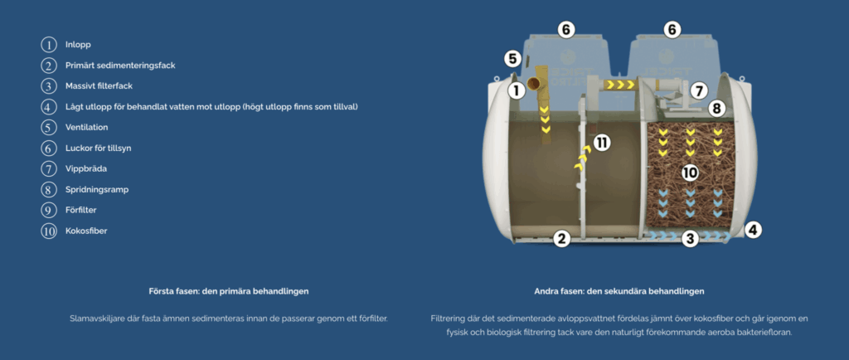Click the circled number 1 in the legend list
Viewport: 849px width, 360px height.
point(49,45)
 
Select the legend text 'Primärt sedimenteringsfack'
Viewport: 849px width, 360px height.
point(120,66)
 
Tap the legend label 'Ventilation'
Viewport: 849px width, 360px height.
point(86,127)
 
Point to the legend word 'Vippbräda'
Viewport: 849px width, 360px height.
point(86,168)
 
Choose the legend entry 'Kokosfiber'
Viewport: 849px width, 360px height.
point(86,231)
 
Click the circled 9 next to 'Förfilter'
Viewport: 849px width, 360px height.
point(49,210)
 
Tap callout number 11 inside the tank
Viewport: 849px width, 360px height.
point(602,143)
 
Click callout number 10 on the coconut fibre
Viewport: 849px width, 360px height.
point(690,173)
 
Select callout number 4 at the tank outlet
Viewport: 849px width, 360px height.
point(753,230)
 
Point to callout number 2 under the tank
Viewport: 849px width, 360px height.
point(562,238)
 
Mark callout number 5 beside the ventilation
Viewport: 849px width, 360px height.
point(513,58)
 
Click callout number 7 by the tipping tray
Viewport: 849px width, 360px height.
point(698,90)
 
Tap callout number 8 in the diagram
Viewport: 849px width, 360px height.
point(716,109)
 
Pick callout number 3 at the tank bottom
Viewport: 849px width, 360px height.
point(689,238)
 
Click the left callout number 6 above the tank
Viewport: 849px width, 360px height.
point(565,29)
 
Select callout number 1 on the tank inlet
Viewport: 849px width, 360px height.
point(517,90)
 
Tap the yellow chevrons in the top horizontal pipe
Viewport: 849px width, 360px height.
point(619,85)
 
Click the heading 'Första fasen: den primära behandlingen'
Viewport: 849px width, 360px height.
point(229,291)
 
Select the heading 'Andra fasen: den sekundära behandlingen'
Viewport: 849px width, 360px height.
point(619,291)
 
